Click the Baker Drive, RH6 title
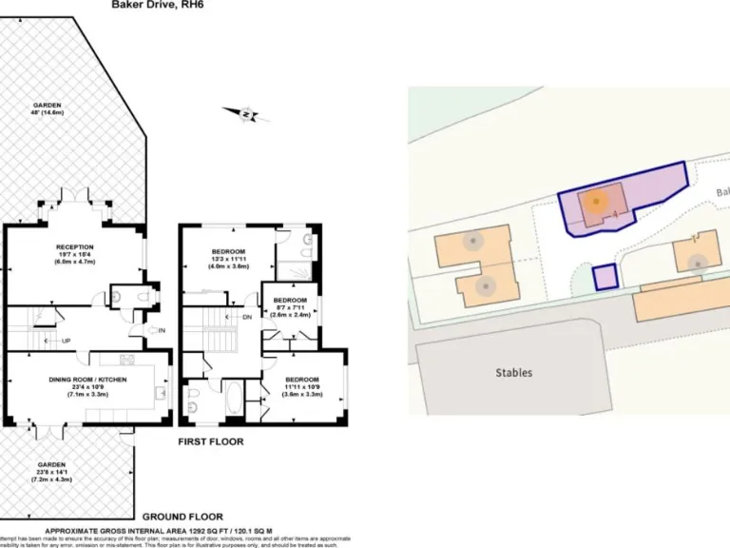[x=158, y=5]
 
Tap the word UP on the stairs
[x=66, y=341]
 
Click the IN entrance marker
[x=162, y=330]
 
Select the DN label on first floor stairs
[x=247, y=317]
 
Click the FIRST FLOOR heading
[x=211, y=441]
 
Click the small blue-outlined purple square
[x=605, y=278]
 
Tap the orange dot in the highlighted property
[x=596, y=202]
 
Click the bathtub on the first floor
[x=234, y=399]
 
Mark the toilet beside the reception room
[x=144, y=296]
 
